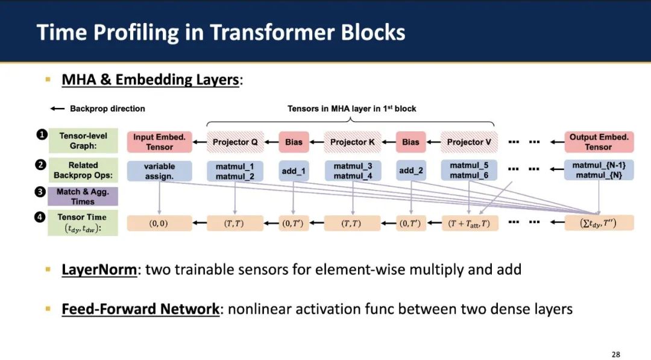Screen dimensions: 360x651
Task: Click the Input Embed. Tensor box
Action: [x=159, y=142]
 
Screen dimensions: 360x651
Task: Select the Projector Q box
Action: [x=235, y=142]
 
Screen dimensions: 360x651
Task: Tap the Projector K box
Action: [x=353, y=142]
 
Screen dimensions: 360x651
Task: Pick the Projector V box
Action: [x=469, y=142]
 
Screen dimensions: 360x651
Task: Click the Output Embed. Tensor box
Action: [x=599, y=142]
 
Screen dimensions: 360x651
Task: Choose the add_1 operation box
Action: [x=294, y=171]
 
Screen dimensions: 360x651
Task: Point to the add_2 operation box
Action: [x=410, y=171]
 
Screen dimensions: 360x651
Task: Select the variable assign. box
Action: [x=159, y=171]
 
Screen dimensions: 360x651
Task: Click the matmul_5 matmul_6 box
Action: [x=469, y=171]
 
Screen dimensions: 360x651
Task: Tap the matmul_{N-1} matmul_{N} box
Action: [x=599, y=171]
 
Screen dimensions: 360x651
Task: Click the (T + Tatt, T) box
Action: [x=469, y=224]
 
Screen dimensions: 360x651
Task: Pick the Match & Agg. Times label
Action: [x=83, y=197]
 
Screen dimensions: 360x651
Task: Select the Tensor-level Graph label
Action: [x=83, y=142]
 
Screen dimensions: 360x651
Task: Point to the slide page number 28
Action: [x=615, y=354]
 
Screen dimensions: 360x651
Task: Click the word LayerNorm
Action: [x=99, y=269]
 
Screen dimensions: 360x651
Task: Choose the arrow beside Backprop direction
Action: [x=57, y=109]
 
